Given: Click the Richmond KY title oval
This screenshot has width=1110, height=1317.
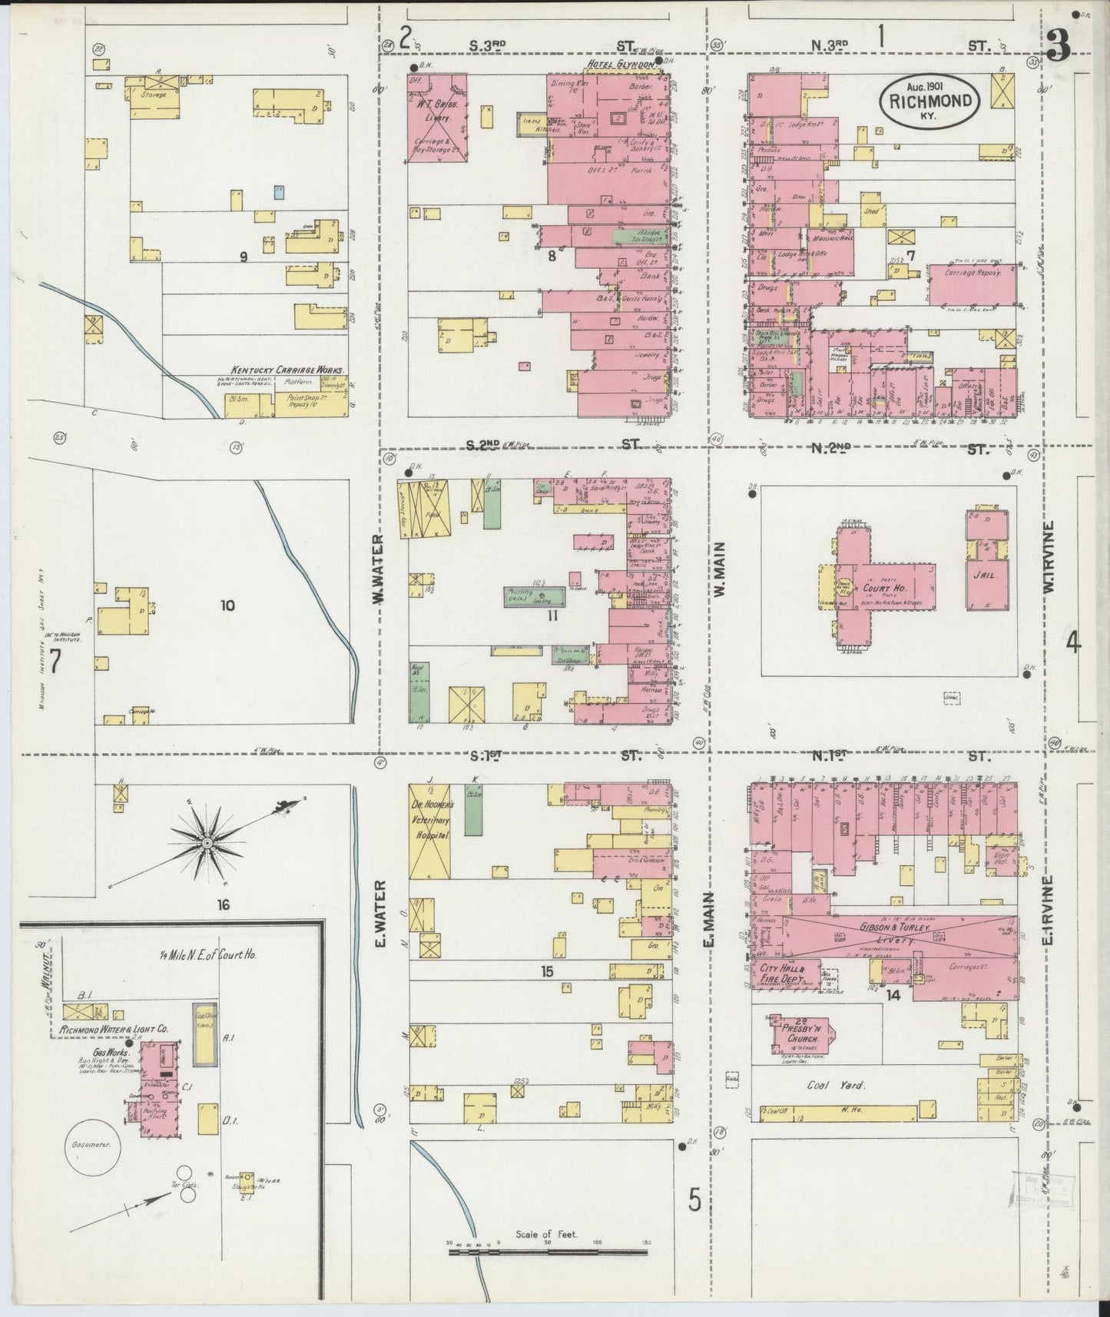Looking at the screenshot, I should [930, 100].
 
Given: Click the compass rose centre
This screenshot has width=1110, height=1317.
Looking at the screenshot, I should [206, 844].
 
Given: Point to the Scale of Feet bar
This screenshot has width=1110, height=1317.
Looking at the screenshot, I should [548, 1252].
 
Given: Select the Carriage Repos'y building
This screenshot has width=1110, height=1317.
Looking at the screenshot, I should [972, 282].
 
